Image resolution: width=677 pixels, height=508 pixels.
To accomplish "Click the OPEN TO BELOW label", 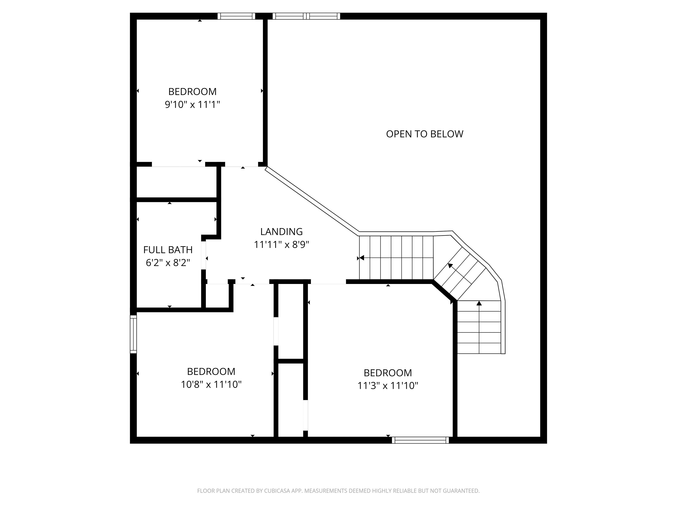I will [424, 134].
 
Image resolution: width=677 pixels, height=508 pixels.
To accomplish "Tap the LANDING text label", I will [281, 231].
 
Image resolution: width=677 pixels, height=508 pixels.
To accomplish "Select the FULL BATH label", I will [168, 250].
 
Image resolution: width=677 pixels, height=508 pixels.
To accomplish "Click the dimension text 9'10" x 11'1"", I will [192, 105].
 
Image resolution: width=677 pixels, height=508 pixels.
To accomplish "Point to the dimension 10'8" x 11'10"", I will [211, 384].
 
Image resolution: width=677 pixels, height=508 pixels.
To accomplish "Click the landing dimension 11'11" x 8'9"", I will [281, 245].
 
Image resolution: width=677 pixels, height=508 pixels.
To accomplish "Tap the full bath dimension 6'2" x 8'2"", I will [168, 263].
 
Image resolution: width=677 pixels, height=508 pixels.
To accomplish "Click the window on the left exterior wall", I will [133, 334].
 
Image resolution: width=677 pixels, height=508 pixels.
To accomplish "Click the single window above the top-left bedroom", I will [236, 16].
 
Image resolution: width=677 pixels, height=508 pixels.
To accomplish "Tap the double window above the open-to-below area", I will [306, 16].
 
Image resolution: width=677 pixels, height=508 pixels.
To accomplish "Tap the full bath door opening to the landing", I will [203, 255].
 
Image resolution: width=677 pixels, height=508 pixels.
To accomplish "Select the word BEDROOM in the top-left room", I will [192, 91].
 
